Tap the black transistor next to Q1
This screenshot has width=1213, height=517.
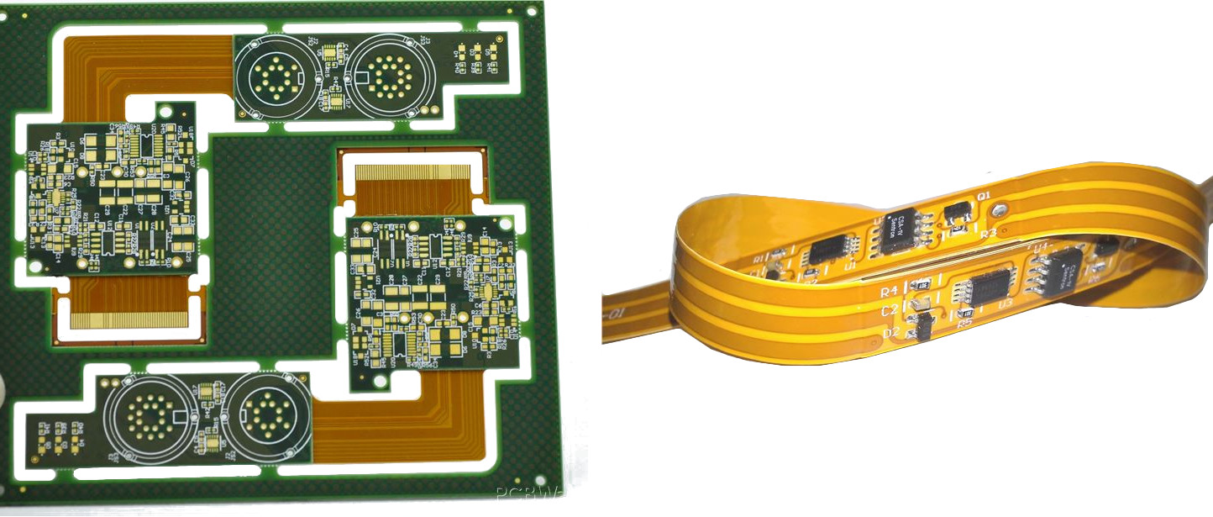tap(957, 214)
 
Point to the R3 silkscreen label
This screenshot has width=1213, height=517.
tap(988, 233)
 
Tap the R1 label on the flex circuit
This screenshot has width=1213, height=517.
tap(758, 258)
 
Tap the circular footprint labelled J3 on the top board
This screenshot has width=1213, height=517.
tap(390, 76)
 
